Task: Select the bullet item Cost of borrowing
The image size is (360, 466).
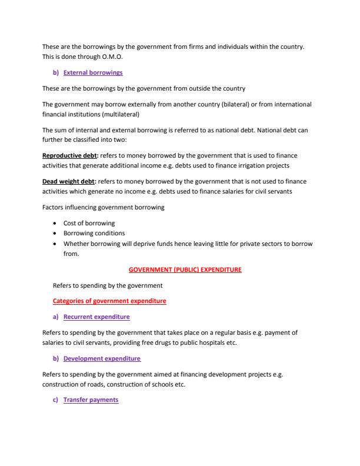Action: pos(89,223)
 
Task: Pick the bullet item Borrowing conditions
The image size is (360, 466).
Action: pos(94,233)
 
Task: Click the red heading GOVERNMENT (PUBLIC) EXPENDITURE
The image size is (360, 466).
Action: pos(185,269)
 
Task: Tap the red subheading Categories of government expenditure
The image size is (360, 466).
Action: pos(109,301)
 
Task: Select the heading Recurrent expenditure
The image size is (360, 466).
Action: pos(96,317)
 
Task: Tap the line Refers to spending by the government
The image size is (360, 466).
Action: pos(108,285)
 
